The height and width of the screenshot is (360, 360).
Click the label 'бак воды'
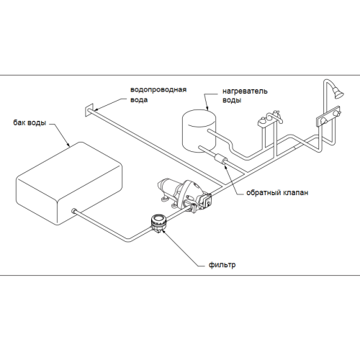30,123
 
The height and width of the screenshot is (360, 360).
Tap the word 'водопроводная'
158,90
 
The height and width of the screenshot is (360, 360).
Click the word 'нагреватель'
245,91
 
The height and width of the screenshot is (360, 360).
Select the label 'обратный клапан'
277,193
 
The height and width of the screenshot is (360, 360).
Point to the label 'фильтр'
222,265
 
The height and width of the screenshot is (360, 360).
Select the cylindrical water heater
199,131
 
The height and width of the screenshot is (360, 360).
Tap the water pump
185,194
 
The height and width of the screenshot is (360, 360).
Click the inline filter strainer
158,222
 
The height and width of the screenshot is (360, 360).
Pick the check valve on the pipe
222,159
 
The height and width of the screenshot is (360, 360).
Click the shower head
338,92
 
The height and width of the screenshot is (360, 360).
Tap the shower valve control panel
328,117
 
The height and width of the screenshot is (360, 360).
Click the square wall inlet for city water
89,110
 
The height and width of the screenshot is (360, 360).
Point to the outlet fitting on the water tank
74,211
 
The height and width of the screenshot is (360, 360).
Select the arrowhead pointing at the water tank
68,144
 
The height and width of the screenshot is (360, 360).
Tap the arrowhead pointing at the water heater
207,108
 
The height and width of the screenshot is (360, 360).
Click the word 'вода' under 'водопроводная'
139,100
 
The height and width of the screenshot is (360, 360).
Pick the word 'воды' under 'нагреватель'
232,100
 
